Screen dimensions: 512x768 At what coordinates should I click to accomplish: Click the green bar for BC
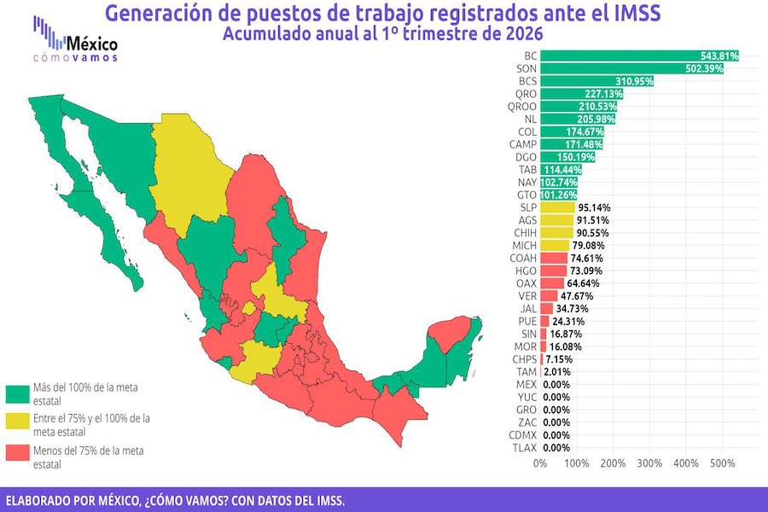[x=638, y=55]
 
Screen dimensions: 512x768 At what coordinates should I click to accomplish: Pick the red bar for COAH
[x=553, y=258]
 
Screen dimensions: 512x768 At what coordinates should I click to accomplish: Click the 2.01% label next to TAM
[x=558, y=372]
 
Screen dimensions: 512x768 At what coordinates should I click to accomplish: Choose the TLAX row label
[x=522, y=448]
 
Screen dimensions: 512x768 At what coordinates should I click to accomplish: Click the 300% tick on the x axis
[x=649, y=463]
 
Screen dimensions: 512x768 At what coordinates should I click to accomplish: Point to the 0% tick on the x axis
[x=540, y=463]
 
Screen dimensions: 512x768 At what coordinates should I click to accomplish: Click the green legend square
[x=17, y=393]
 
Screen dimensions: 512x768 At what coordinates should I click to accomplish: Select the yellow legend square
[x=17, y=424]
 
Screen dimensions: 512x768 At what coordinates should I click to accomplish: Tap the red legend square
[x=17, y=456]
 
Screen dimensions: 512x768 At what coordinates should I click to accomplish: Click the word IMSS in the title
[x=632, y=15]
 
